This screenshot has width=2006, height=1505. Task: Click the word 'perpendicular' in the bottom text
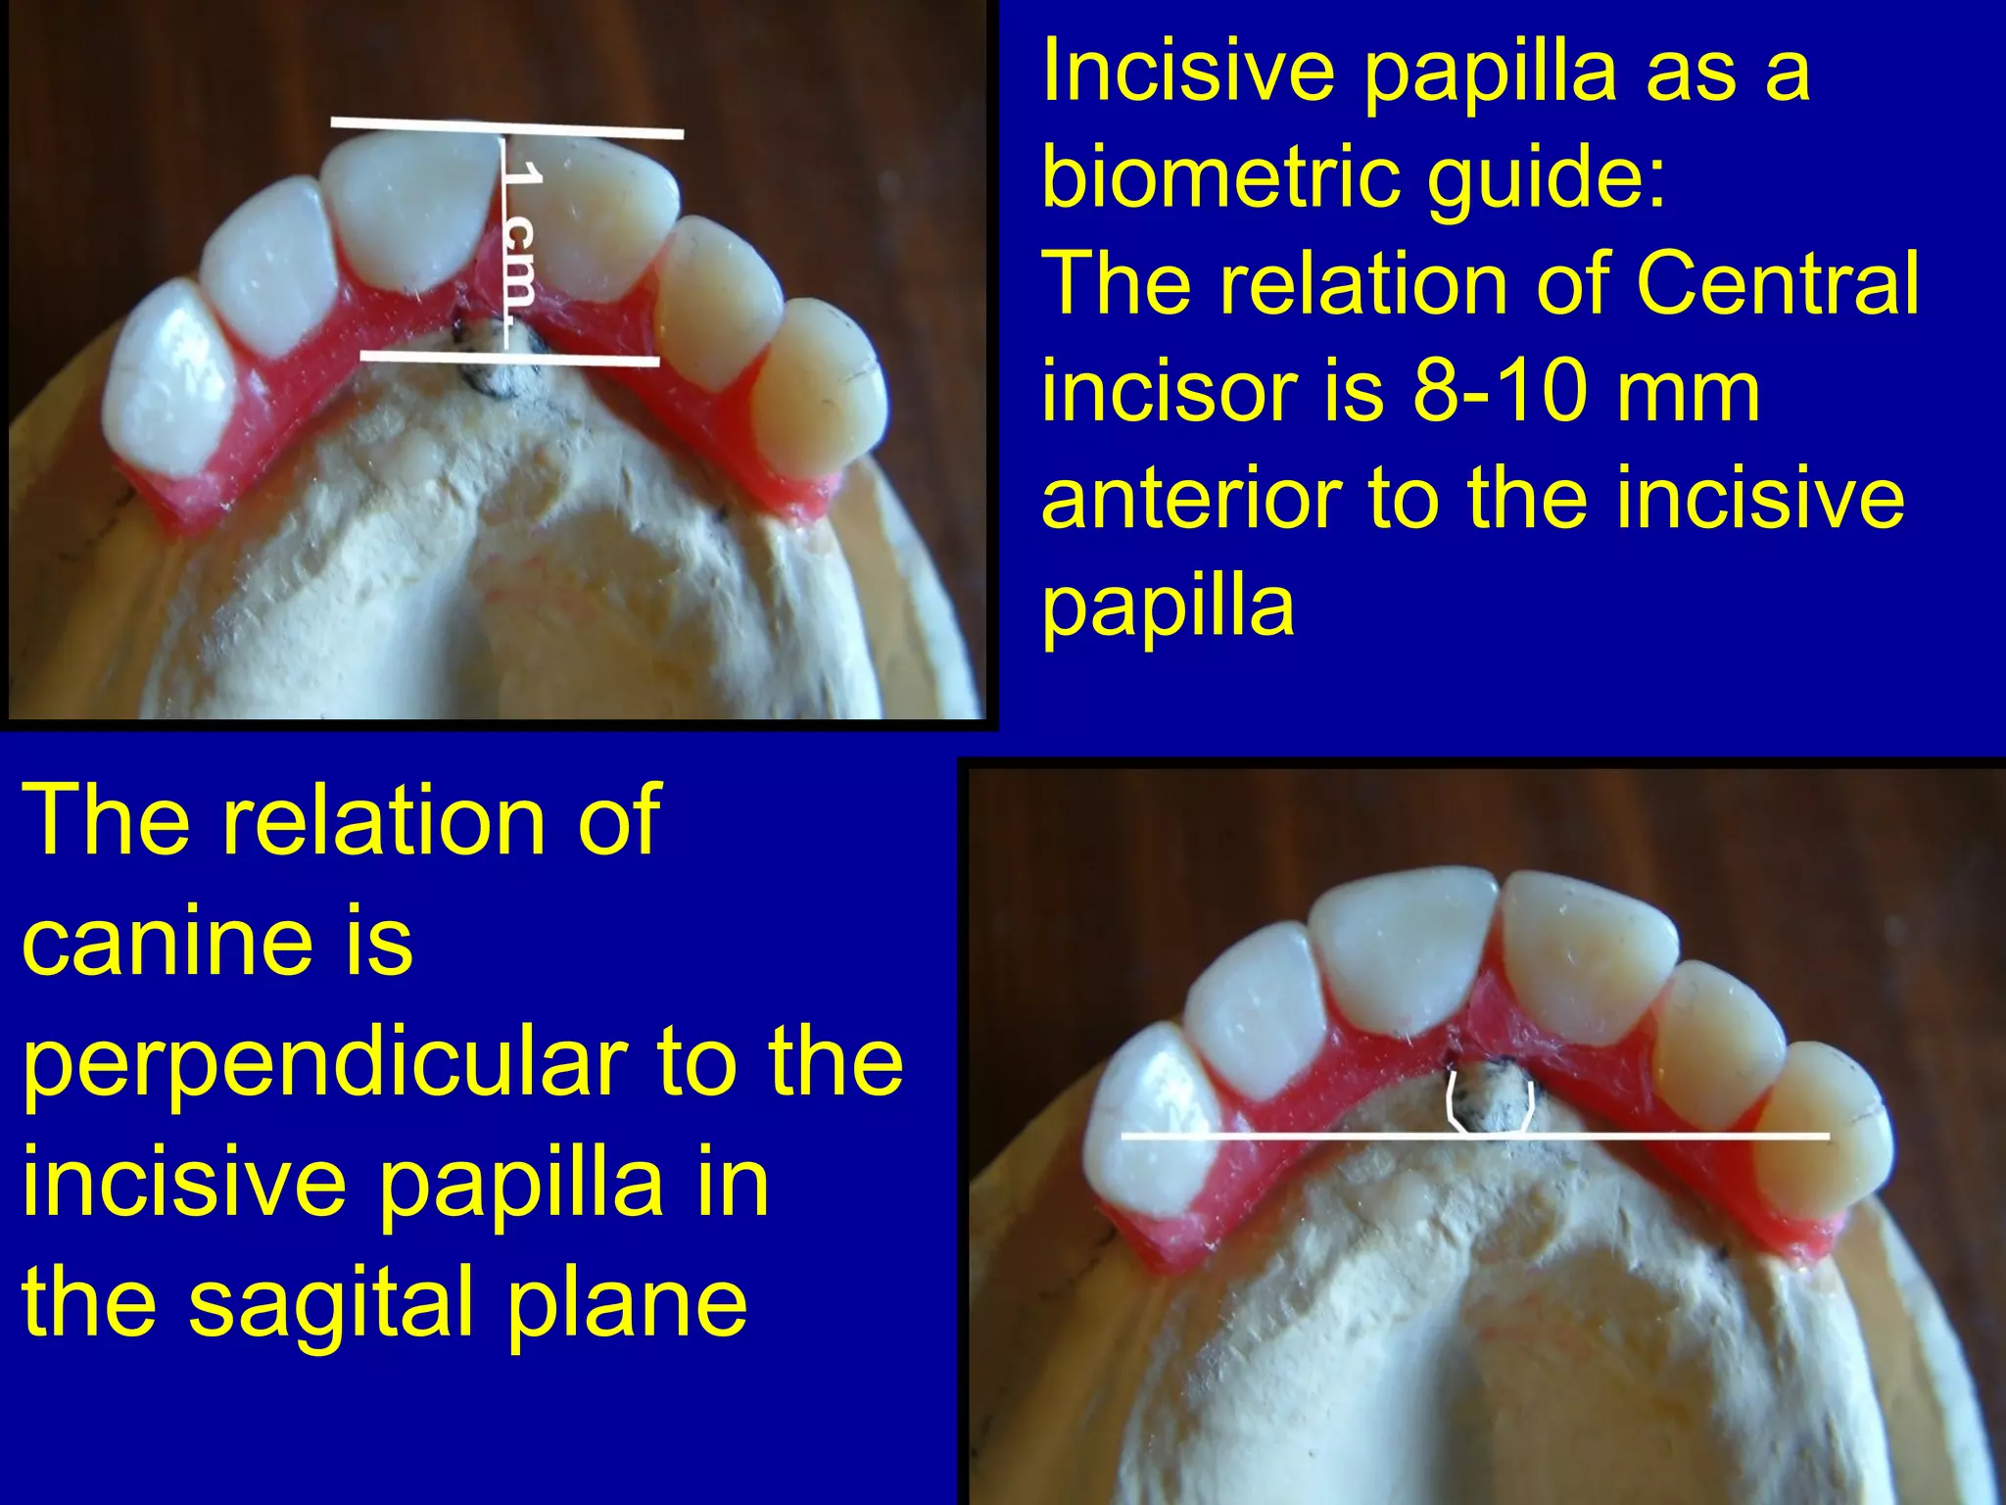323,1065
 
